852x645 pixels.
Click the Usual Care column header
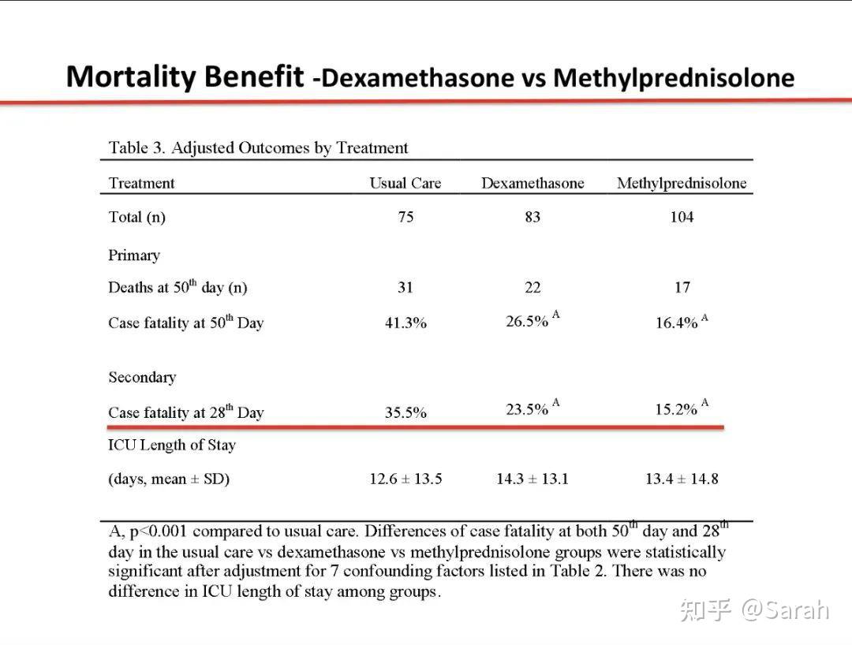(405, 184)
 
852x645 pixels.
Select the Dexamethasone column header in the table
(532, 184)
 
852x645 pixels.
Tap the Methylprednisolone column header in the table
(682, 184)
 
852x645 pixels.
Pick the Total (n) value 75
(405, 217)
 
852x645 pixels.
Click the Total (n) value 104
(682, 217)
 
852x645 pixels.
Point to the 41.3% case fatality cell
(405, 323)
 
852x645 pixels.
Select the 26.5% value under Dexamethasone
(527, 322)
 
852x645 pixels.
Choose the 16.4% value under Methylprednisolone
(676, 323)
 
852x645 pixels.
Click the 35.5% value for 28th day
(405, 412)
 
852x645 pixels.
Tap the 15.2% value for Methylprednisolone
(676, 410)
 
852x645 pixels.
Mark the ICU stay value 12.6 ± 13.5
(405, 479)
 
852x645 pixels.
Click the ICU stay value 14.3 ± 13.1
(532, 479)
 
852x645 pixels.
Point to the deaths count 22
(533, 288)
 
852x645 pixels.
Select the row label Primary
(134, 255)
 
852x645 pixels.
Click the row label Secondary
(142, 377)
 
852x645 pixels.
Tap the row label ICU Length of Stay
(172, 446)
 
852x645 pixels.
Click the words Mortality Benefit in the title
(185, 76)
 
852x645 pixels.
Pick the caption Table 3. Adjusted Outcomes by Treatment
(259, 147)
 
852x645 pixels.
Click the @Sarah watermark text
(784, 610)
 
